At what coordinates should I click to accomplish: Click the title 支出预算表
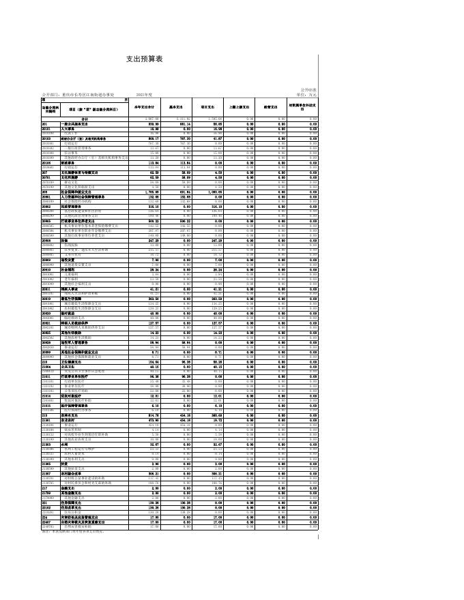tap(145, 59)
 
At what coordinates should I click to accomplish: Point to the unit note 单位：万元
tap(307, 94)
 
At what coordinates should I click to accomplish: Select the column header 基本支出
tap(175, 107)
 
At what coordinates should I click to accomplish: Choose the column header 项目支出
tap(207, 107)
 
